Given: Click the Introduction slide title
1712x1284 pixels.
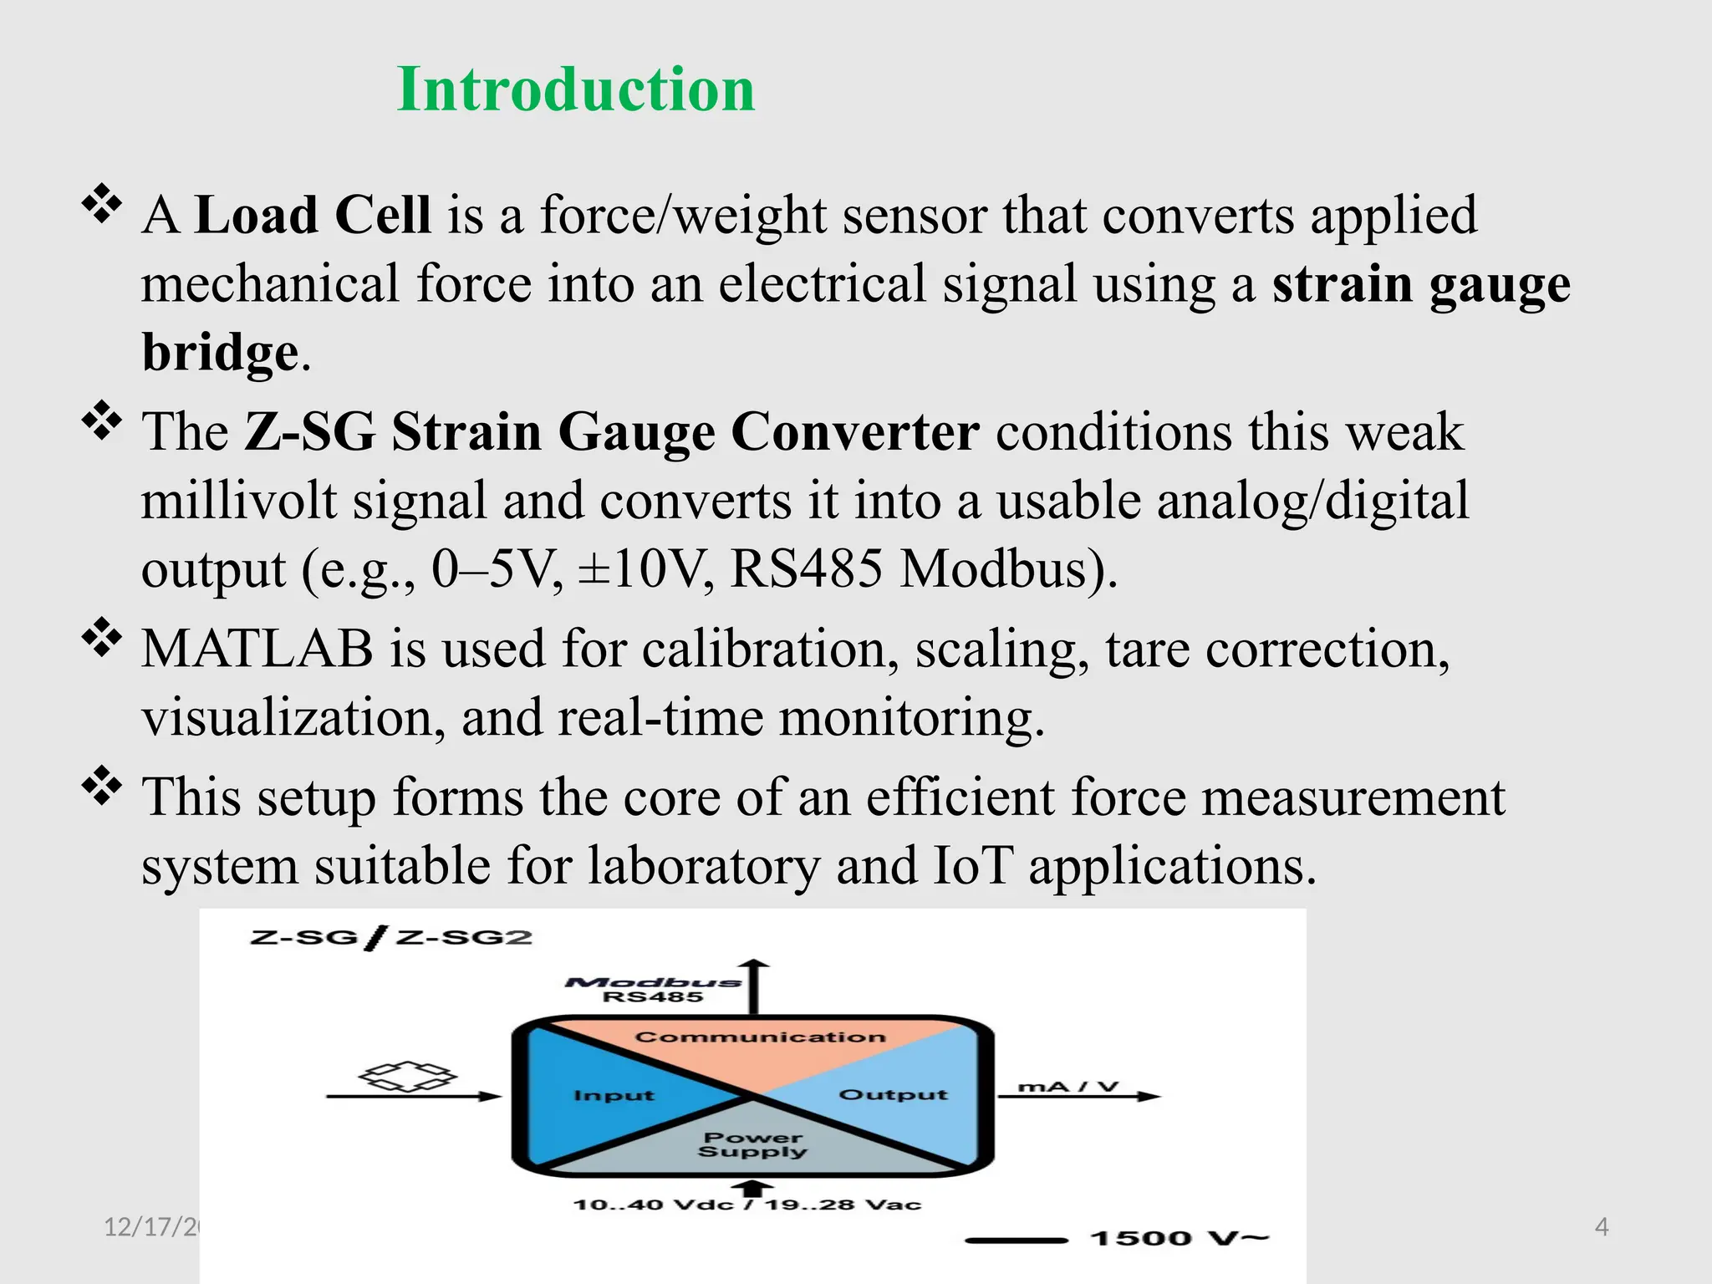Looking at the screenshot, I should [x=576, y=89].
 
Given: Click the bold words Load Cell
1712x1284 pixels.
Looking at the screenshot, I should [x=313, y=215].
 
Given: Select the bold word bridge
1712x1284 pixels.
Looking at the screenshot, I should [x=221, y=352].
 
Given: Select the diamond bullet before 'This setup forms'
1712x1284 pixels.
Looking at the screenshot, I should [x=102, y=785].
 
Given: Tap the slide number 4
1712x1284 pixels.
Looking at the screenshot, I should [x=1601, y=1227].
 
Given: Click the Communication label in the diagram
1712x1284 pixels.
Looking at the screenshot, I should [x=760, y=1037].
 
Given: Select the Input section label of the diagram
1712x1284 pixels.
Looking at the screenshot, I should [x=614, y=1095].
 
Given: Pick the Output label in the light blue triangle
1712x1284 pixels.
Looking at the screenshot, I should [x=893, y=1095].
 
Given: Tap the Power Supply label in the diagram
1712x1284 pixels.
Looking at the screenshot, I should [x=752, y=1144].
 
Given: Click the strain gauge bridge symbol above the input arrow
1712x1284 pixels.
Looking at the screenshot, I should [x=408, y=1076].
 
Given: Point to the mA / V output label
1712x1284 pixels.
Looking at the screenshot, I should [x=1067, y=1087].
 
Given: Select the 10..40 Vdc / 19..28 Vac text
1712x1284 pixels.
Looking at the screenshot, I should [x=746, y=1205].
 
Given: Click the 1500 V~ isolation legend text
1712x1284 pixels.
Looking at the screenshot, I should [x=1179, y=1238].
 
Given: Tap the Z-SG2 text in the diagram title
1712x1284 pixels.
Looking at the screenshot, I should [x=464, y=937].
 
